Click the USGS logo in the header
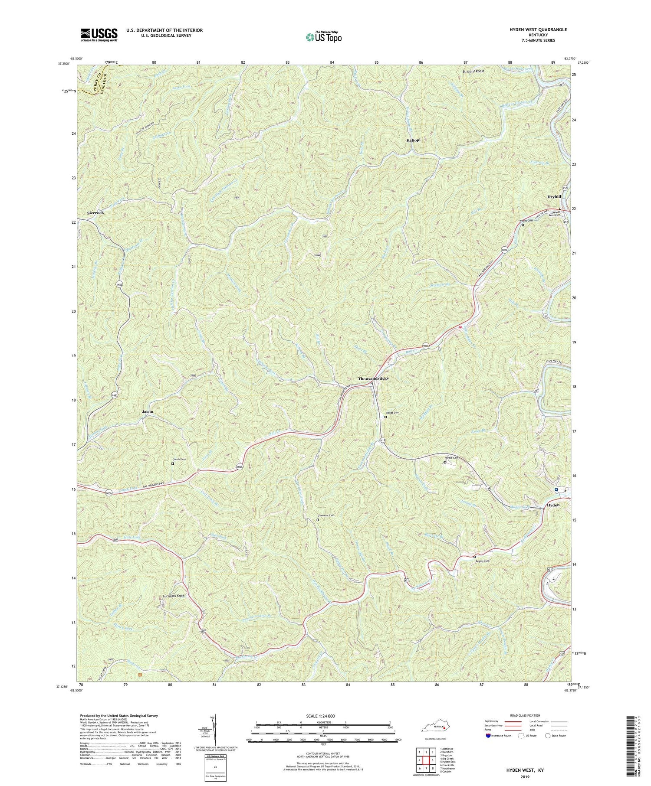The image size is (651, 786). point(99,35)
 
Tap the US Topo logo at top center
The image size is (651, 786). point(323,37)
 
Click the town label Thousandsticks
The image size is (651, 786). point(373,378)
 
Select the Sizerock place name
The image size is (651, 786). point(95,213)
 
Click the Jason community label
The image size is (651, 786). point(147,411)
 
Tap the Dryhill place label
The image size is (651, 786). point(554,196)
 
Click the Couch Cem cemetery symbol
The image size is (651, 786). point(172,463)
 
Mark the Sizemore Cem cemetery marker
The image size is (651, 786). point(317,519)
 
